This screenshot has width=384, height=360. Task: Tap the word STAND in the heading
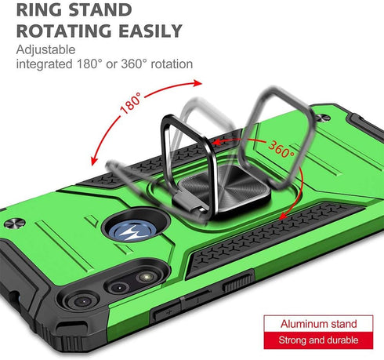click(100, 9)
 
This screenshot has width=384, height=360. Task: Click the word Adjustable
click(45, 49)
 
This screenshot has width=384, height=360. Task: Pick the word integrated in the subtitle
click(44, 64)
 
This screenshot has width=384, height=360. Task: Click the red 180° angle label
click(131, 103)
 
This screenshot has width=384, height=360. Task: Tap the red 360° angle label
click(281, 149)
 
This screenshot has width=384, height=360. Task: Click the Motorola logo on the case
click(131, 232)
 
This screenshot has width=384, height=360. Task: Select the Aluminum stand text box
click(318, 324)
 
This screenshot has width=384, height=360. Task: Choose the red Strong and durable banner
click(318, 340)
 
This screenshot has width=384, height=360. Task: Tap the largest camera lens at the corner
click(82, 301)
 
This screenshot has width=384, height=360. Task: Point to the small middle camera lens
click(119, 287)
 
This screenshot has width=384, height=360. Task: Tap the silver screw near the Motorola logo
click(15, 224)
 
